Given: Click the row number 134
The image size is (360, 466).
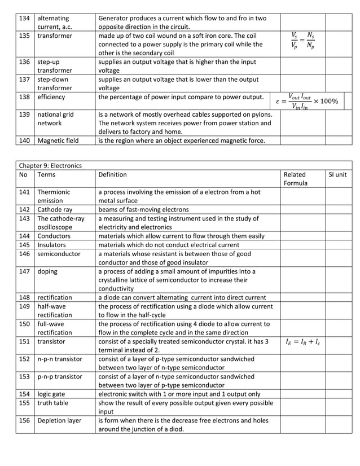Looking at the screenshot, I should coord(24,19).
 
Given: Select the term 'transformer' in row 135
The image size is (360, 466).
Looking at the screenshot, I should coord(55,36).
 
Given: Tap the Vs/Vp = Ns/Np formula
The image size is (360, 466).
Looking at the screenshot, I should coord(303,41).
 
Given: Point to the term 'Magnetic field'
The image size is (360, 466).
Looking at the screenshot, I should coord(58,140).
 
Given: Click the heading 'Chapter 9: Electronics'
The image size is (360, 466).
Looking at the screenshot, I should coord(50,165).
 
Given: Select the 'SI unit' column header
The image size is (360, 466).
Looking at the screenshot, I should coord(337,175).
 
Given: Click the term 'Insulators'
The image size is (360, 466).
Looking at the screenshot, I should coord(52,245).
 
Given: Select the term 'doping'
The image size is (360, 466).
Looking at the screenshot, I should coord(47,271).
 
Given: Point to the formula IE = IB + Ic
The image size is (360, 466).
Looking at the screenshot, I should coord(302,341).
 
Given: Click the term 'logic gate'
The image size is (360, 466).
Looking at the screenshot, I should coord(52,394).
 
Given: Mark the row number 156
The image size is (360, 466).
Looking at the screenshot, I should coord(24,420).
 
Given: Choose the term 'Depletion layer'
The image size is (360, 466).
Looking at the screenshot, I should coord(60,420).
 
